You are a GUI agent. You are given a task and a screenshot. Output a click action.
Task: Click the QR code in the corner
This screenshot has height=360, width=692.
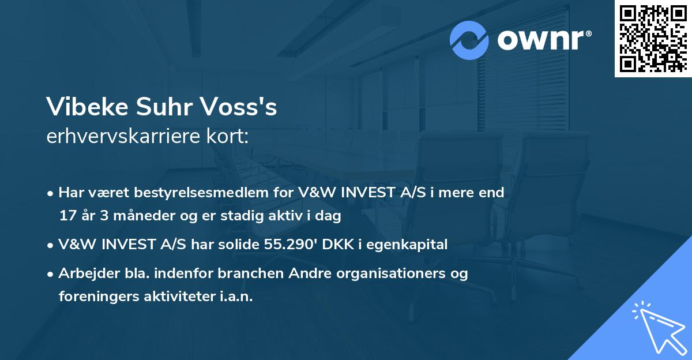tap(652, 38)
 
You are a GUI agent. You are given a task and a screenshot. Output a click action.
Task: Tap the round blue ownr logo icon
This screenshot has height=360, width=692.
tap(469, 40)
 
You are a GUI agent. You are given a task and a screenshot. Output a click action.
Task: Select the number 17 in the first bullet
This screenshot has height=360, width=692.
tap(66, 216)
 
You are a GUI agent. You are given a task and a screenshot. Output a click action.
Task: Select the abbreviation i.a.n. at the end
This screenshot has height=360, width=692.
tap(236, 297)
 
